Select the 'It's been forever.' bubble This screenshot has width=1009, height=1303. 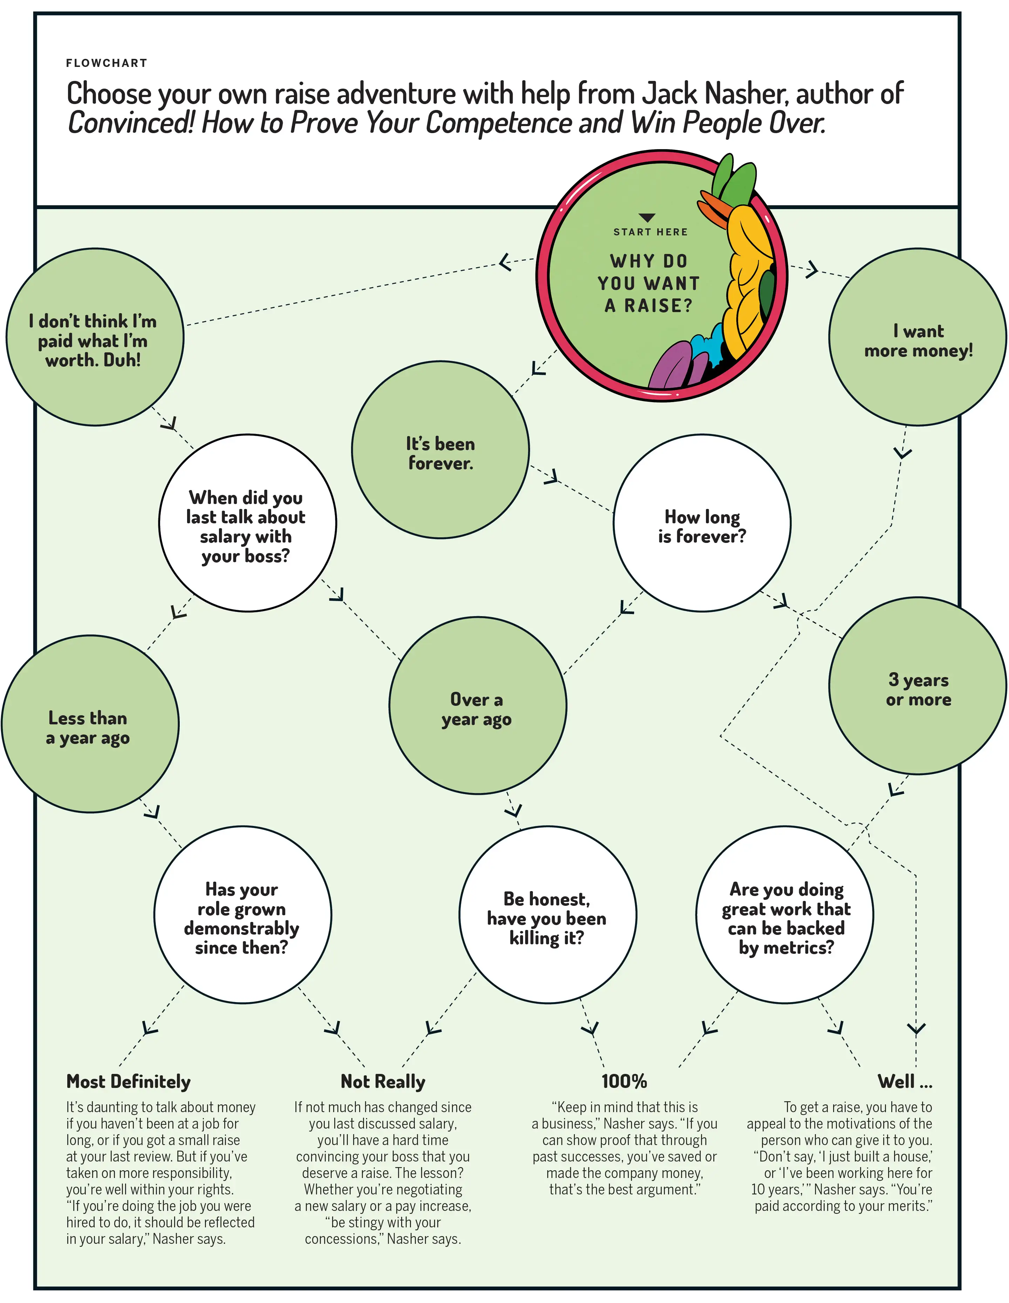click(440, 450)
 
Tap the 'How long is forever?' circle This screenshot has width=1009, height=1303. click(702, 523)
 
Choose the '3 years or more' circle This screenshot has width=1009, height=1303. click(918, 686)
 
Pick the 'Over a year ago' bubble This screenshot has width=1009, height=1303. click(478, 706)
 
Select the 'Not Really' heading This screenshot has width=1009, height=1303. click(383, 1081)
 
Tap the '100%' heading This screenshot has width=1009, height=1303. click(624, 1081)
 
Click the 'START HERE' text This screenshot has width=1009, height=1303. click(650, 232)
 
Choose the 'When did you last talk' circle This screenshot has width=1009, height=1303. click(247, 523)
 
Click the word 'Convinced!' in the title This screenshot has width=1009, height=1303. click(131, 123)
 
